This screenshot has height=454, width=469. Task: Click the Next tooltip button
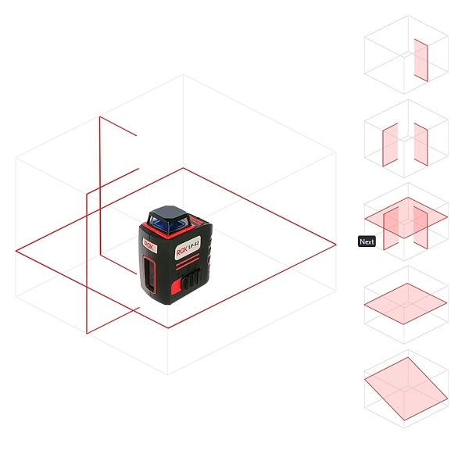pyautogui.click(x=367, y=241)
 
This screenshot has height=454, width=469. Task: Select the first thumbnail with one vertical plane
pyautogui.click(x=406, y=55)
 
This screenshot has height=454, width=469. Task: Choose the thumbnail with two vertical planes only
pyautogui.click(x=406, y=139)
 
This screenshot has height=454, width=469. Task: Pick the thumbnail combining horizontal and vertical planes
pyautogui.click(x=406, y=222)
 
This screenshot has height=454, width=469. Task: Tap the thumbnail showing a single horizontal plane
pyautogui.click(x=406, y=305)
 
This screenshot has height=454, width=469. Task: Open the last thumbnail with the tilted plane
pyautogui.click(x=406, y=389)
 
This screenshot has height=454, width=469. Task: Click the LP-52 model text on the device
pyautogui.click(x=195, y=245)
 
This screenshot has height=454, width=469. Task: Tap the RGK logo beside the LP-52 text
pyautogui.click(x=182, y=252)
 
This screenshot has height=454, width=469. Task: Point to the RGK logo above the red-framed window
pyautogui.click(x=149, y=246)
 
